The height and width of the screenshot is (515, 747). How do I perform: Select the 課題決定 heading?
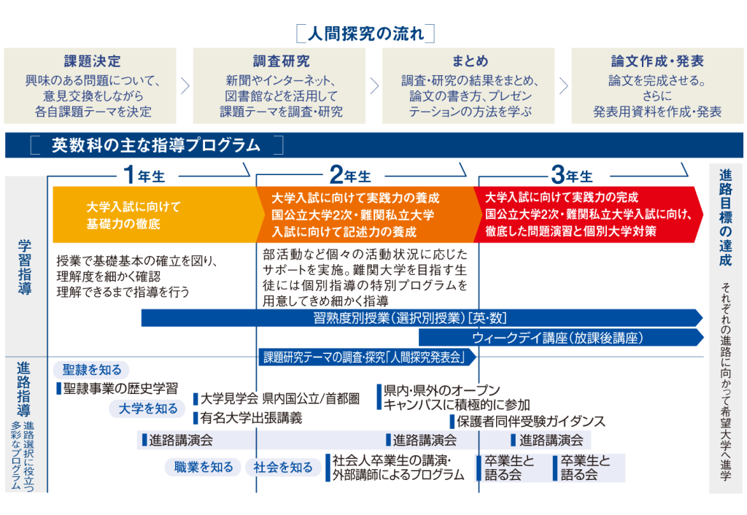92,61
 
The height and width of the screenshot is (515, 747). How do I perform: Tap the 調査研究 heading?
281,61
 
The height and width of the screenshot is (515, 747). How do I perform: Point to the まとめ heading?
469,61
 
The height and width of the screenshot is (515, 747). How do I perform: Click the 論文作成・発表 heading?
657,61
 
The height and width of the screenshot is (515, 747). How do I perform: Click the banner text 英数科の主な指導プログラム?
156,145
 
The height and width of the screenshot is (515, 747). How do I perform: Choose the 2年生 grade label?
349,175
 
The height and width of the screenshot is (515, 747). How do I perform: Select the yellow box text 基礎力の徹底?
123,223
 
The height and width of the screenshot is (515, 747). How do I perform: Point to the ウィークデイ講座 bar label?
557,338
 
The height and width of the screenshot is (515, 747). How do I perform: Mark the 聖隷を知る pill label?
91,370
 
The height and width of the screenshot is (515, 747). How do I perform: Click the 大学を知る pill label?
148,408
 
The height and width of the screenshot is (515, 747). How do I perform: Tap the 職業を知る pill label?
204,467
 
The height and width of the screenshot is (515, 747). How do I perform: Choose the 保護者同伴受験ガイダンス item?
532,422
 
